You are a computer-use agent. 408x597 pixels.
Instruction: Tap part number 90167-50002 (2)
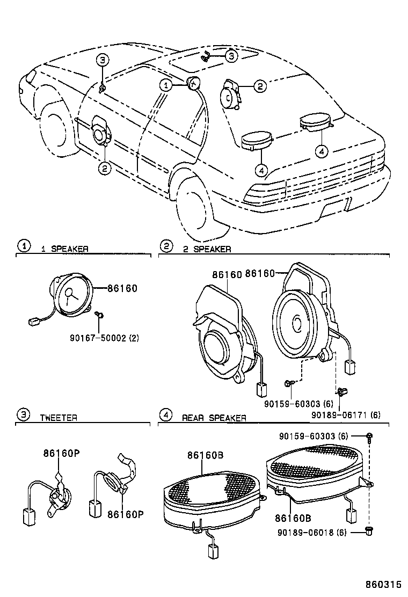pos(104,337)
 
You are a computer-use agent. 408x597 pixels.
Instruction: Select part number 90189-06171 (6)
pos(346,414)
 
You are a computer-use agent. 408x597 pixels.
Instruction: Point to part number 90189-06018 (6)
pos(312,532)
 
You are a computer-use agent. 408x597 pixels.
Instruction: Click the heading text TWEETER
pos(59,418)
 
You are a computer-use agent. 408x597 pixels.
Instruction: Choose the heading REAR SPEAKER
pos(214,418)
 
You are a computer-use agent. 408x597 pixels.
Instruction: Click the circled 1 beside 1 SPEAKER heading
pos(24,246)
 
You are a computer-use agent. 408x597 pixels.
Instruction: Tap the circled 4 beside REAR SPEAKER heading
pos(165,414)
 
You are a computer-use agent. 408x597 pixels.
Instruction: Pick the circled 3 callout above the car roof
pos(231,56)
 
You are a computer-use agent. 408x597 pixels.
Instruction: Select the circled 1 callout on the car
pos(165,85)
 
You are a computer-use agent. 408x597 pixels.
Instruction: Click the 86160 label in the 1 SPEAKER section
pos(122,288)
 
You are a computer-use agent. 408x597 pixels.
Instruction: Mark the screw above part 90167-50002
pos(100,315)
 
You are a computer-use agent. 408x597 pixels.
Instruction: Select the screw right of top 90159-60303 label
pos(369,436)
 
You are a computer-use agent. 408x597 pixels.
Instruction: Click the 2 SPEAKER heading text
pos(207,249)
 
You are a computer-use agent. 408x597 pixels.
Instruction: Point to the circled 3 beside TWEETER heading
pos(24,414)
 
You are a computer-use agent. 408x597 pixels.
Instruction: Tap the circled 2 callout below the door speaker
pos(105,168)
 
